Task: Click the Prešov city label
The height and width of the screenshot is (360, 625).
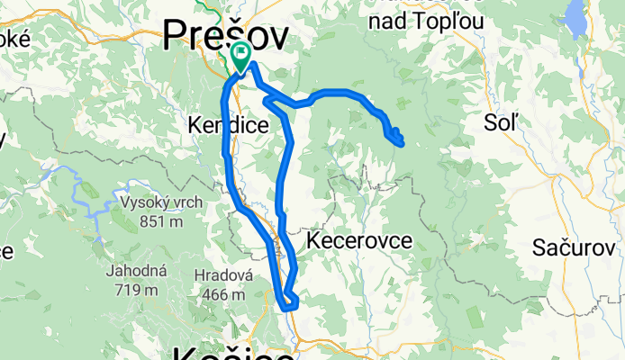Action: point(226,36)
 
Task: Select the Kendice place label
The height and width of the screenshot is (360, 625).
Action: point(228,126)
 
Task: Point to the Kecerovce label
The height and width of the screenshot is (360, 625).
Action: point(359,240)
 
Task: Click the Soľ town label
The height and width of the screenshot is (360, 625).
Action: point(503,123)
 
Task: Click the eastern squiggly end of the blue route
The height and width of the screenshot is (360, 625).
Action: point(396,137)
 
